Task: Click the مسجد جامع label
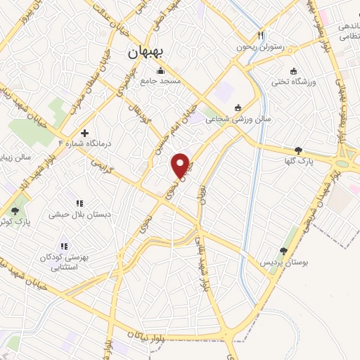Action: (161, 81)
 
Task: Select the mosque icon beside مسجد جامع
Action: (161, 70)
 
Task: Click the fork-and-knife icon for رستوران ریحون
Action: (261, 35)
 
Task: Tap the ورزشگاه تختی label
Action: (291, 82)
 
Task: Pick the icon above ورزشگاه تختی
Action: (293, 71)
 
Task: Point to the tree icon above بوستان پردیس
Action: (284, 251)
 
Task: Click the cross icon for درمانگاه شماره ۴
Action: (85, 132)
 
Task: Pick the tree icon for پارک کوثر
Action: (15, 211)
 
